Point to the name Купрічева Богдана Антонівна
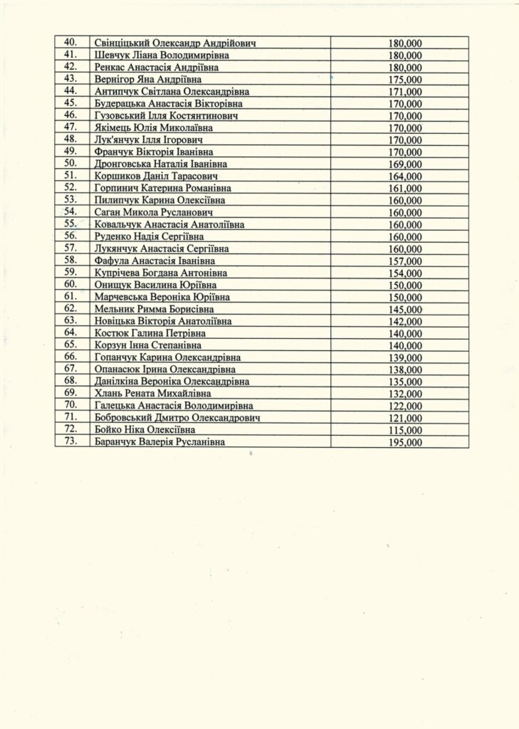tap(161, 273)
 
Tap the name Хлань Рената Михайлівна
tap(152, 394)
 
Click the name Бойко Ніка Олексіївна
tap(145, 430)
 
